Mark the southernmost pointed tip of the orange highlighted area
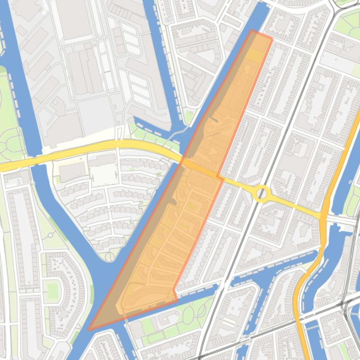tap(89, 330)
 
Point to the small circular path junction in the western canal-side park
tap(50, 234)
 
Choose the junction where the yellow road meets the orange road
tap(323, 216)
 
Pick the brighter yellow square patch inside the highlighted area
tap(255, 55)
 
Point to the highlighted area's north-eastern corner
tap(272, 38)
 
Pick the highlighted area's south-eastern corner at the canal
tap(176, 299)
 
